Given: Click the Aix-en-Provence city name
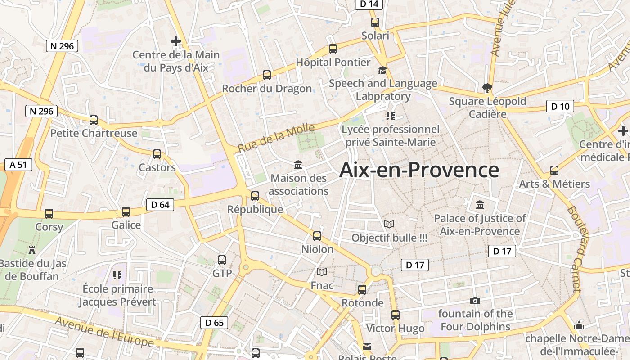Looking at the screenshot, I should (x=419, y=171).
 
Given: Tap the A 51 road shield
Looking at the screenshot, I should (x=18, y=165).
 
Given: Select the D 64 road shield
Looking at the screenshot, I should (x=160, y=205).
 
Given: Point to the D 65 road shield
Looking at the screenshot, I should (x=214, y=323).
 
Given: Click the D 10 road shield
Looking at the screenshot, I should (x=560, y=107).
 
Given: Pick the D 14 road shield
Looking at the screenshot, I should (x=369, y=4).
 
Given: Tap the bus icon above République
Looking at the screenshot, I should (x=255, y=196).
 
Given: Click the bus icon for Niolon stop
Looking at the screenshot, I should (x=317, y=236).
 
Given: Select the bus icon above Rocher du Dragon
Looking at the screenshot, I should (x=267, y=75).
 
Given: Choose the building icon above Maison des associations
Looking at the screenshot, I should (x=298, y=165).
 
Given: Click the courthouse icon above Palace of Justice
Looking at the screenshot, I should (x=480, y=205).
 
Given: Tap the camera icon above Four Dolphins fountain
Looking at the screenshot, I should (x=475, y=301).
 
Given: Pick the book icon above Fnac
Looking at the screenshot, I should (x=322, y=272).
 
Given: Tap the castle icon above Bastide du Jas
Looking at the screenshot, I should (x=31, y=250).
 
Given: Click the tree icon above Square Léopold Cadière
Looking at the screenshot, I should (x=487, y=87).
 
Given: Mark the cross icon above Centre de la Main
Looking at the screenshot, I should (x=176, y=41).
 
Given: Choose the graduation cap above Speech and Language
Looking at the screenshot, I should (x=382, y=70).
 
